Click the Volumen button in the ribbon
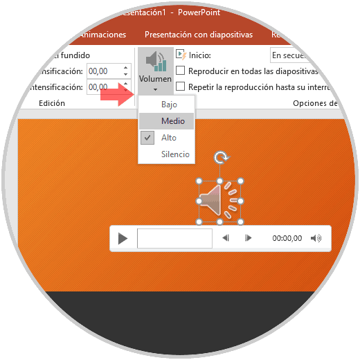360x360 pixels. [x=154, y=70]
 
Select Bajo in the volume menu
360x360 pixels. [x=169, y=105]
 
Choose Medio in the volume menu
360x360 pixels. [x=173, y=121]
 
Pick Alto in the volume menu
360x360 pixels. [x=169, y=138]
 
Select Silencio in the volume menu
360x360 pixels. [x=175, y=154]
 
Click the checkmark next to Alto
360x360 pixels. [x=147, y=138]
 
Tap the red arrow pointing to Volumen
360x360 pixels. [x=116, y=96]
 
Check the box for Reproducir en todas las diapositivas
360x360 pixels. [x=181, y=71]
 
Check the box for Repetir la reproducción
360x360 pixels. [x=181, y=87]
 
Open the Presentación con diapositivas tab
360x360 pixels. [x=198, y=34]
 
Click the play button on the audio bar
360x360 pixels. [x=123, y=238]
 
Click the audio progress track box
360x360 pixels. [x=174, y=238]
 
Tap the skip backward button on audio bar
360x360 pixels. [x=226, y=238]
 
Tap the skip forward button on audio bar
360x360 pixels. [x=249, y=238]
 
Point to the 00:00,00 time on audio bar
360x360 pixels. [x=287, y=238]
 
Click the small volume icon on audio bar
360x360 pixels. [x=316, y=238]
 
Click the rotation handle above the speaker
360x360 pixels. [x=221, y=158]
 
